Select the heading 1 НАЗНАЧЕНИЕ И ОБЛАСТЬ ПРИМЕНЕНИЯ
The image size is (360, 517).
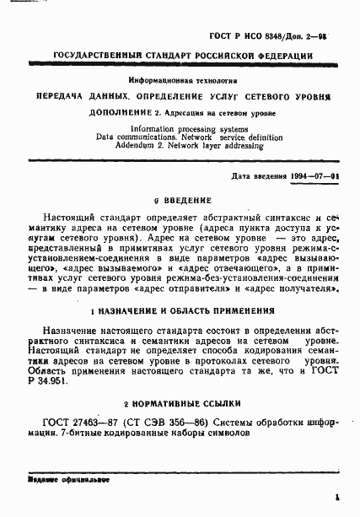[180, 310]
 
